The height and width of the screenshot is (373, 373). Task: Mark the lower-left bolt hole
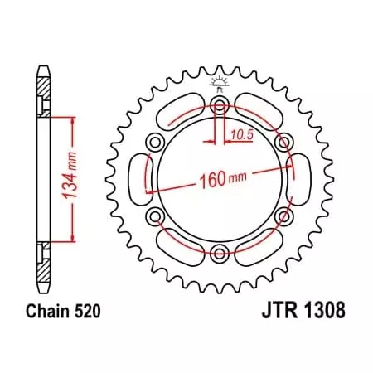(155, 216)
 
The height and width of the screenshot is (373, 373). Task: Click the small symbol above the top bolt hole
(218, 85)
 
